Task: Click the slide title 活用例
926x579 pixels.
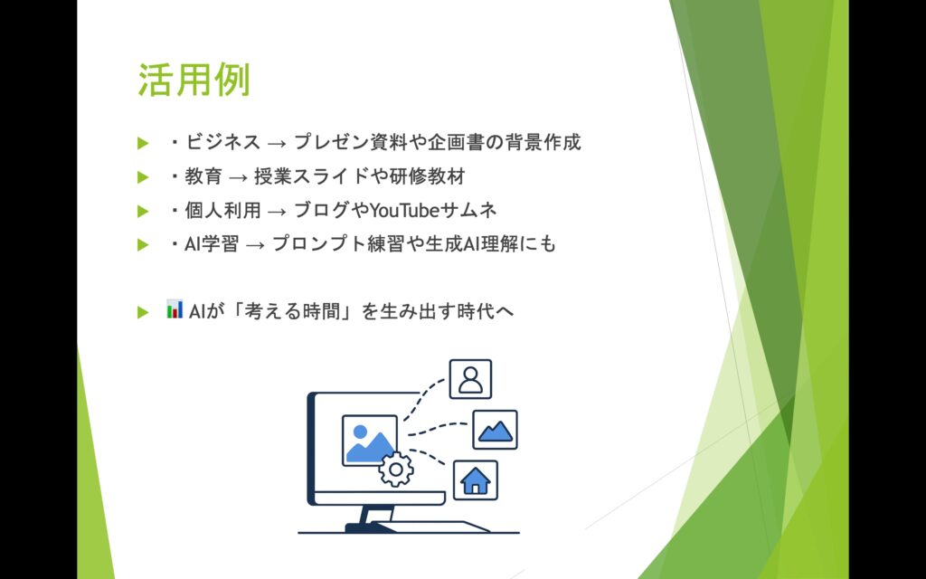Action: coord(194,81)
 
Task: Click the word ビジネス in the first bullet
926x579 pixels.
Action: coord(222,142)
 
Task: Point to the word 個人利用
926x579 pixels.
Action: coord(222,210)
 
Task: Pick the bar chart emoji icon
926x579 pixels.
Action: coord(175,309)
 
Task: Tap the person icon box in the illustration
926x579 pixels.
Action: coord(470,379)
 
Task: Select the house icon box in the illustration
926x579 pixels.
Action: coord(476,480)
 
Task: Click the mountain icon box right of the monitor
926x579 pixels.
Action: coord(495,430)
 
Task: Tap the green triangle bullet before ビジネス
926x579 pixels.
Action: coord(143,143)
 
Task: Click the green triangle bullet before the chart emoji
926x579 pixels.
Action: coord(143,312)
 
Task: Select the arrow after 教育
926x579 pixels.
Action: coord(239,177)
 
